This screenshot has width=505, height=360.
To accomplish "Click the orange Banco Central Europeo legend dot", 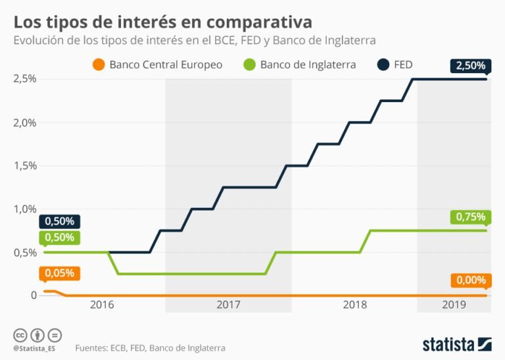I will [x=99, y=64].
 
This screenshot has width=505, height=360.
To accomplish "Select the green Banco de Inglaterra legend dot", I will [x=249, y=64].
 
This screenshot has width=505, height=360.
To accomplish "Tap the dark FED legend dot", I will [x=384, y=64].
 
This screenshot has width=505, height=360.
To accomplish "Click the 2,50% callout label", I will [x=470, y=66].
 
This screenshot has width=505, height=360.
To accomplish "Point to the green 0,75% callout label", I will [x=470, y=217].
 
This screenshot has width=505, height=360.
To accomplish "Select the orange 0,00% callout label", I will [x=470, y=280].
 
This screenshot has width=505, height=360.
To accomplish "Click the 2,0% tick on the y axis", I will [x=25, y=122].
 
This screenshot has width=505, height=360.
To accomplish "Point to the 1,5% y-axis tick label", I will [x=25, y=166].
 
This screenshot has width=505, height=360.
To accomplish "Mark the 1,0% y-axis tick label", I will [x=25, y=209].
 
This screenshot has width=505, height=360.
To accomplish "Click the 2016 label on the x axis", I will [x=102, y=305].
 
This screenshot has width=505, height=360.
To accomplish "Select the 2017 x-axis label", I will [x=228, y=305].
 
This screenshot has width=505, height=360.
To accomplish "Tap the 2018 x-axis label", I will [x=354, y=305].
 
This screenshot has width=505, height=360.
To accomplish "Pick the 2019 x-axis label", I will [x=454, y=305].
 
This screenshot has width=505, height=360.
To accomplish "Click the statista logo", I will [x=456, y=344].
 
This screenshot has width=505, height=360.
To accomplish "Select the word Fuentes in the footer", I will [x=93, y=347].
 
